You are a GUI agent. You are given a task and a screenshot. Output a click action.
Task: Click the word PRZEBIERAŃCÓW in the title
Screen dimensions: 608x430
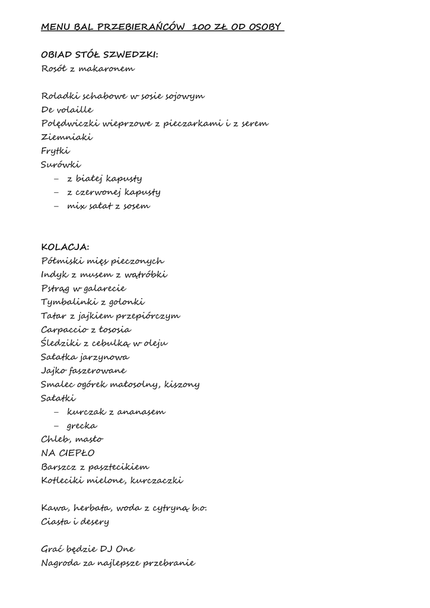(141, 27)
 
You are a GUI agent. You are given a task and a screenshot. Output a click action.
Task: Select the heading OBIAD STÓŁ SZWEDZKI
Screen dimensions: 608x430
(99, 55)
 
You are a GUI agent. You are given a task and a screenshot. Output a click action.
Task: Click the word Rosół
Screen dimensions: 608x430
(54, 68)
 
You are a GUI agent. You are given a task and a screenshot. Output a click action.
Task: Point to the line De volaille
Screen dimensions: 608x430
(67, 110)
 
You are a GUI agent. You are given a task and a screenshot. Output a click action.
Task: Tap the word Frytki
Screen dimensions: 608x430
(56, 151)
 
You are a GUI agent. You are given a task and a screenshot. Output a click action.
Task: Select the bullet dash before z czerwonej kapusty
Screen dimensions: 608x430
(56, 192)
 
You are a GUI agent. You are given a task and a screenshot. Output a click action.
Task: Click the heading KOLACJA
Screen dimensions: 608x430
(65, 247)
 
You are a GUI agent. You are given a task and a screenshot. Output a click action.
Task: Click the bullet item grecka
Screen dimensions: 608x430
(82, 426)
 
